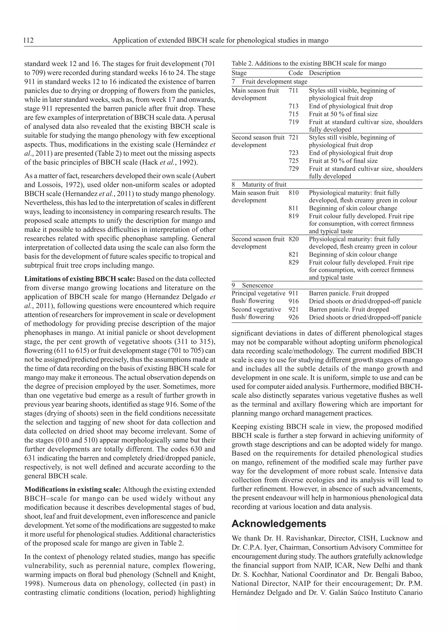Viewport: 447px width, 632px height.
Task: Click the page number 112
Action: [29, 40]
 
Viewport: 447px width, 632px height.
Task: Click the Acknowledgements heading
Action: [279, 523]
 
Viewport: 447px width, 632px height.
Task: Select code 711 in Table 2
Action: [293, 91]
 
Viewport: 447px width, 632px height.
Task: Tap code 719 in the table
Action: [293, 122]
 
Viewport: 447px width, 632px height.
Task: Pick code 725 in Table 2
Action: [293, 161]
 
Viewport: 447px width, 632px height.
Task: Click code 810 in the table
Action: [293, 193]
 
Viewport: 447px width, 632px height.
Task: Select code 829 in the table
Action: [293, 262]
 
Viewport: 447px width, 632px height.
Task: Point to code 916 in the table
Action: [293, 301]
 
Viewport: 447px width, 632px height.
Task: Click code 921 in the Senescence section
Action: [293, 309]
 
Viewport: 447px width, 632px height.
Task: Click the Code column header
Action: [295, 73]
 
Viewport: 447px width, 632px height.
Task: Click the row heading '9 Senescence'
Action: [253, 285]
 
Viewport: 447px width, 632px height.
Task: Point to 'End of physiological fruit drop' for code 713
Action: [351, 106]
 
